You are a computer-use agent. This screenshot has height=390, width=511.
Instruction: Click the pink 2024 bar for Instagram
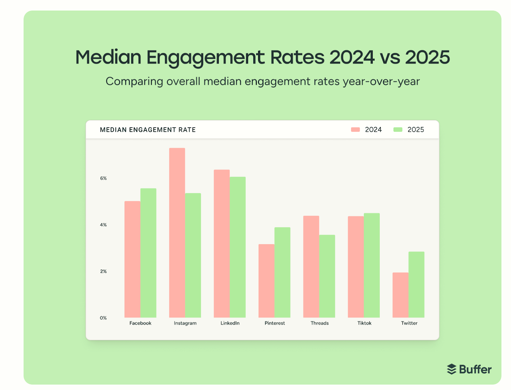pos(177,233)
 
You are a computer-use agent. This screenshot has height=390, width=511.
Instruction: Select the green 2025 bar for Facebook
pos(148,253)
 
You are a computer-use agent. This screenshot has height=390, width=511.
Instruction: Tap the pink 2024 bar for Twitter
pos(400,295)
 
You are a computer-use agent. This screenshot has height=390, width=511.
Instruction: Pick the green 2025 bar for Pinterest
pos(282,272)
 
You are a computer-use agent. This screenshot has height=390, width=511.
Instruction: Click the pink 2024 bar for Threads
pos(311,267)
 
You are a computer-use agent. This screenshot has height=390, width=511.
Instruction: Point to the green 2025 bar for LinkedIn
pos(238,247)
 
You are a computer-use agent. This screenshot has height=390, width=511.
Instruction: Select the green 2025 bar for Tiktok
pos(372,265)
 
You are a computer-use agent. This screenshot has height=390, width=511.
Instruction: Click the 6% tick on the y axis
pos(103,178)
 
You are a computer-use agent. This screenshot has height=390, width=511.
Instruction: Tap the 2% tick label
pos(103,271)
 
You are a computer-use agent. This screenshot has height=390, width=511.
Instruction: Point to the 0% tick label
pos(103,318)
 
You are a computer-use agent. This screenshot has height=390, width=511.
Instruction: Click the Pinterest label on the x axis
pos(275,323)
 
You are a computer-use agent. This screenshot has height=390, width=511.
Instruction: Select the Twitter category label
pos(409,323)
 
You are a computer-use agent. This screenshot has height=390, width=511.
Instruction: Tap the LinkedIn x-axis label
pos(230,323)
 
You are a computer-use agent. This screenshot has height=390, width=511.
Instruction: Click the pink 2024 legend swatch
pos(355,130)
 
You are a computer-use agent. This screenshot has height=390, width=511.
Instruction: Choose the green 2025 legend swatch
pos(398,130)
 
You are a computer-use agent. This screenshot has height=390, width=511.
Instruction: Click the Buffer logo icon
pos(451,369)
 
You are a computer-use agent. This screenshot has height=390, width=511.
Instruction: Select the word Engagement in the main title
pos(205,58)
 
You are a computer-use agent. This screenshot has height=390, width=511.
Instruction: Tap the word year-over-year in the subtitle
pos(381,82)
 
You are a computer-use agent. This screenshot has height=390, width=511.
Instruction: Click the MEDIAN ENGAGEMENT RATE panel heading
pos(148,130)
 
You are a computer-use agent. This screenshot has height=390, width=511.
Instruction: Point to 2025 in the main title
pos(427,58)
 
